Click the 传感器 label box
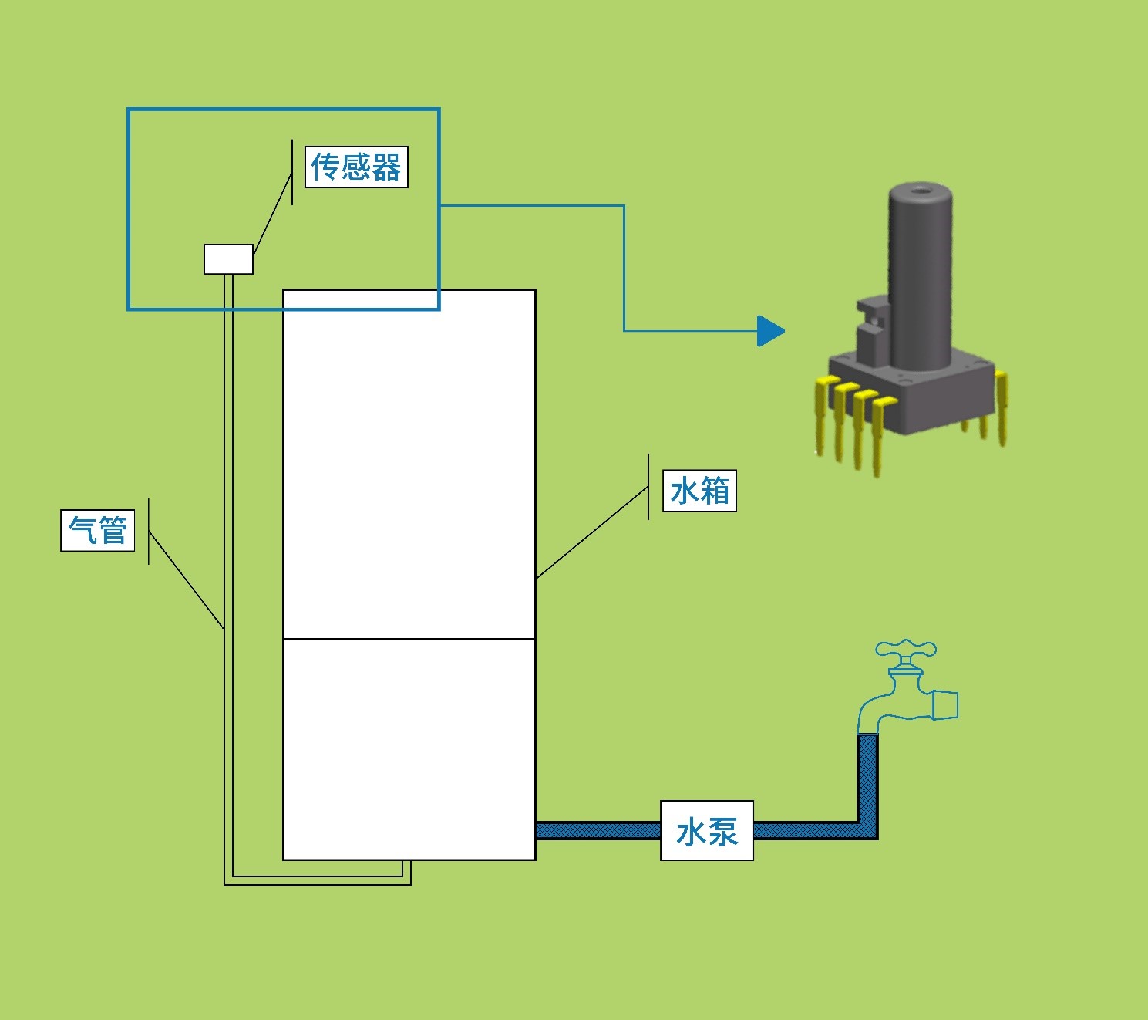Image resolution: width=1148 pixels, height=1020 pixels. click(x=356, y=167)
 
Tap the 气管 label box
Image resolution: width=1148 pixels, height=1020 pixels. click(x=98, y=530)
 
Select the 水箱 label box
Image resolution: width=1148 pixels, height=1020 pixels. click(x=699, y=491)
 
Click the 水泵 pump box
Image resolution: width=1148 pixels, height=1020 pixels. click(x=706, y=831)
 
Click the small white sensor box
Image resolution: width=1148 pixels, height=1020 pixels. click(x=228, y=259)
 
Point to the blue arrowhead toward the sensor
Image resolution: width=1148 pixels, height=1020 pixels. click(x=770, y=331)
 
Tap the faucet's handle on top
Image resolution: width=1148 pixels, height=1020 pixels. click(x=906, y=650)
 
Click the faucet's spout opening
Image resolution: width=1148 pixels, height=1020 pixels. click(x=947, y=705)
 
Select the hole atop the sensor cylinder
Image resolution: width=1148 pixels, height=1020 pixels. click(x=920, y=188)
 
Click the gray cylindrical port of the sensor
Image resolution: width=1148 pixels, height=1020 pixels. click(x=920, y=278)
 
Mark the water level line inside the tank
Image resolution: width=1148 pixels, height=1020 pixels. click(x=409, y=639)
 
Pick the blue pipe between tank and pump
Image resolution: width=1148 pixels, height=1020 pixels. click(x=598, y=831)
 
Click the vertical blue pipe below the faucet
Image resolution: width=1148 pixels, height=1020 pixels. click(x=867, y=779)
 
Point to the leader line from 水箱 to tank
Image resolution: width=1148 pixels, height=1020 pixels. click(x=591, y=533)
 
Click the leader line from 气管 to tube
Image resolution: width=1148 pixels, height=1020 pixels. click(x=186, y=579)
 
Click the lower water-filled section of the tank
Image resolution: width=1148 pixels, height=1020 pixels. click(x=409, y=748)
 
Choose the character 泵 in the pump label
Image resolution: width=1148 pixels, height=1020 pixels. click(x=722, y=832)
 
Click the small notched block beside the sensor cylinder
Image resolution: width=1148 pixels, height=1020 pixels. click(x=872, y=332)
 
